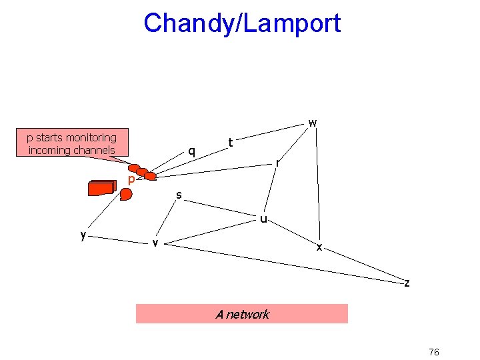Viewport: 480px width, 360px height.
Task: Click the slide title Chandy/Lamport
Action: (x=242, y=23)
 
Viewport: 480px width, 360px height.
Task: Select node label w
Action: (x=312, y=123)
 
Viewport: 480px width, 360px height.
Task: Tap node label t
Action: (x=230, y=142)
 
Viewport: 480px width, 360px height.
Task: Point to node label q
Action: (x=192, y=151)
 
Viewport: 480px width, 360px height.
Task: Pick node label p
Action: (x=132, y=180)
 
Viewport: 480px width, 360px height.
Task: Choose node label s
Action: (x=179, y=195)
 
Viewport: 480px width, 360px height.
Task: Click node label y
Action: (x=83, y=235)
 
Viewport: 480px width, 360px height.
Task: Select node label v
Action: (x=155, y=242)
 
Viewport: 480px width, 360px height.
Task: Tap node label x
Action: (x=319, y=247)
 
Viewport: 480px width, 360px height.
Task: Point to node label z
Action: (x=407, y=283)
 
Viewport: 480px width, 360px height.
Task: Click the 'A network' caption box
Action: (x=242, y=314)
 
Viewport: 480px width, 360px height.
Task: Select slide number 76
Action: (x=433, y=352)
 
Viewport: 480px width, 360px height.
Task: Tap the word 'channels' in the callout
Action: (x=93, y=150)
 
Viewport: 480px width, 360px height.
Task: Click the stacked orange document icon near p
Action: (x=101, y=188)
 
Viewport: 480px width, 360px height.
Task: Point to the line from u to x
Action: (x=292, y=232)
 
